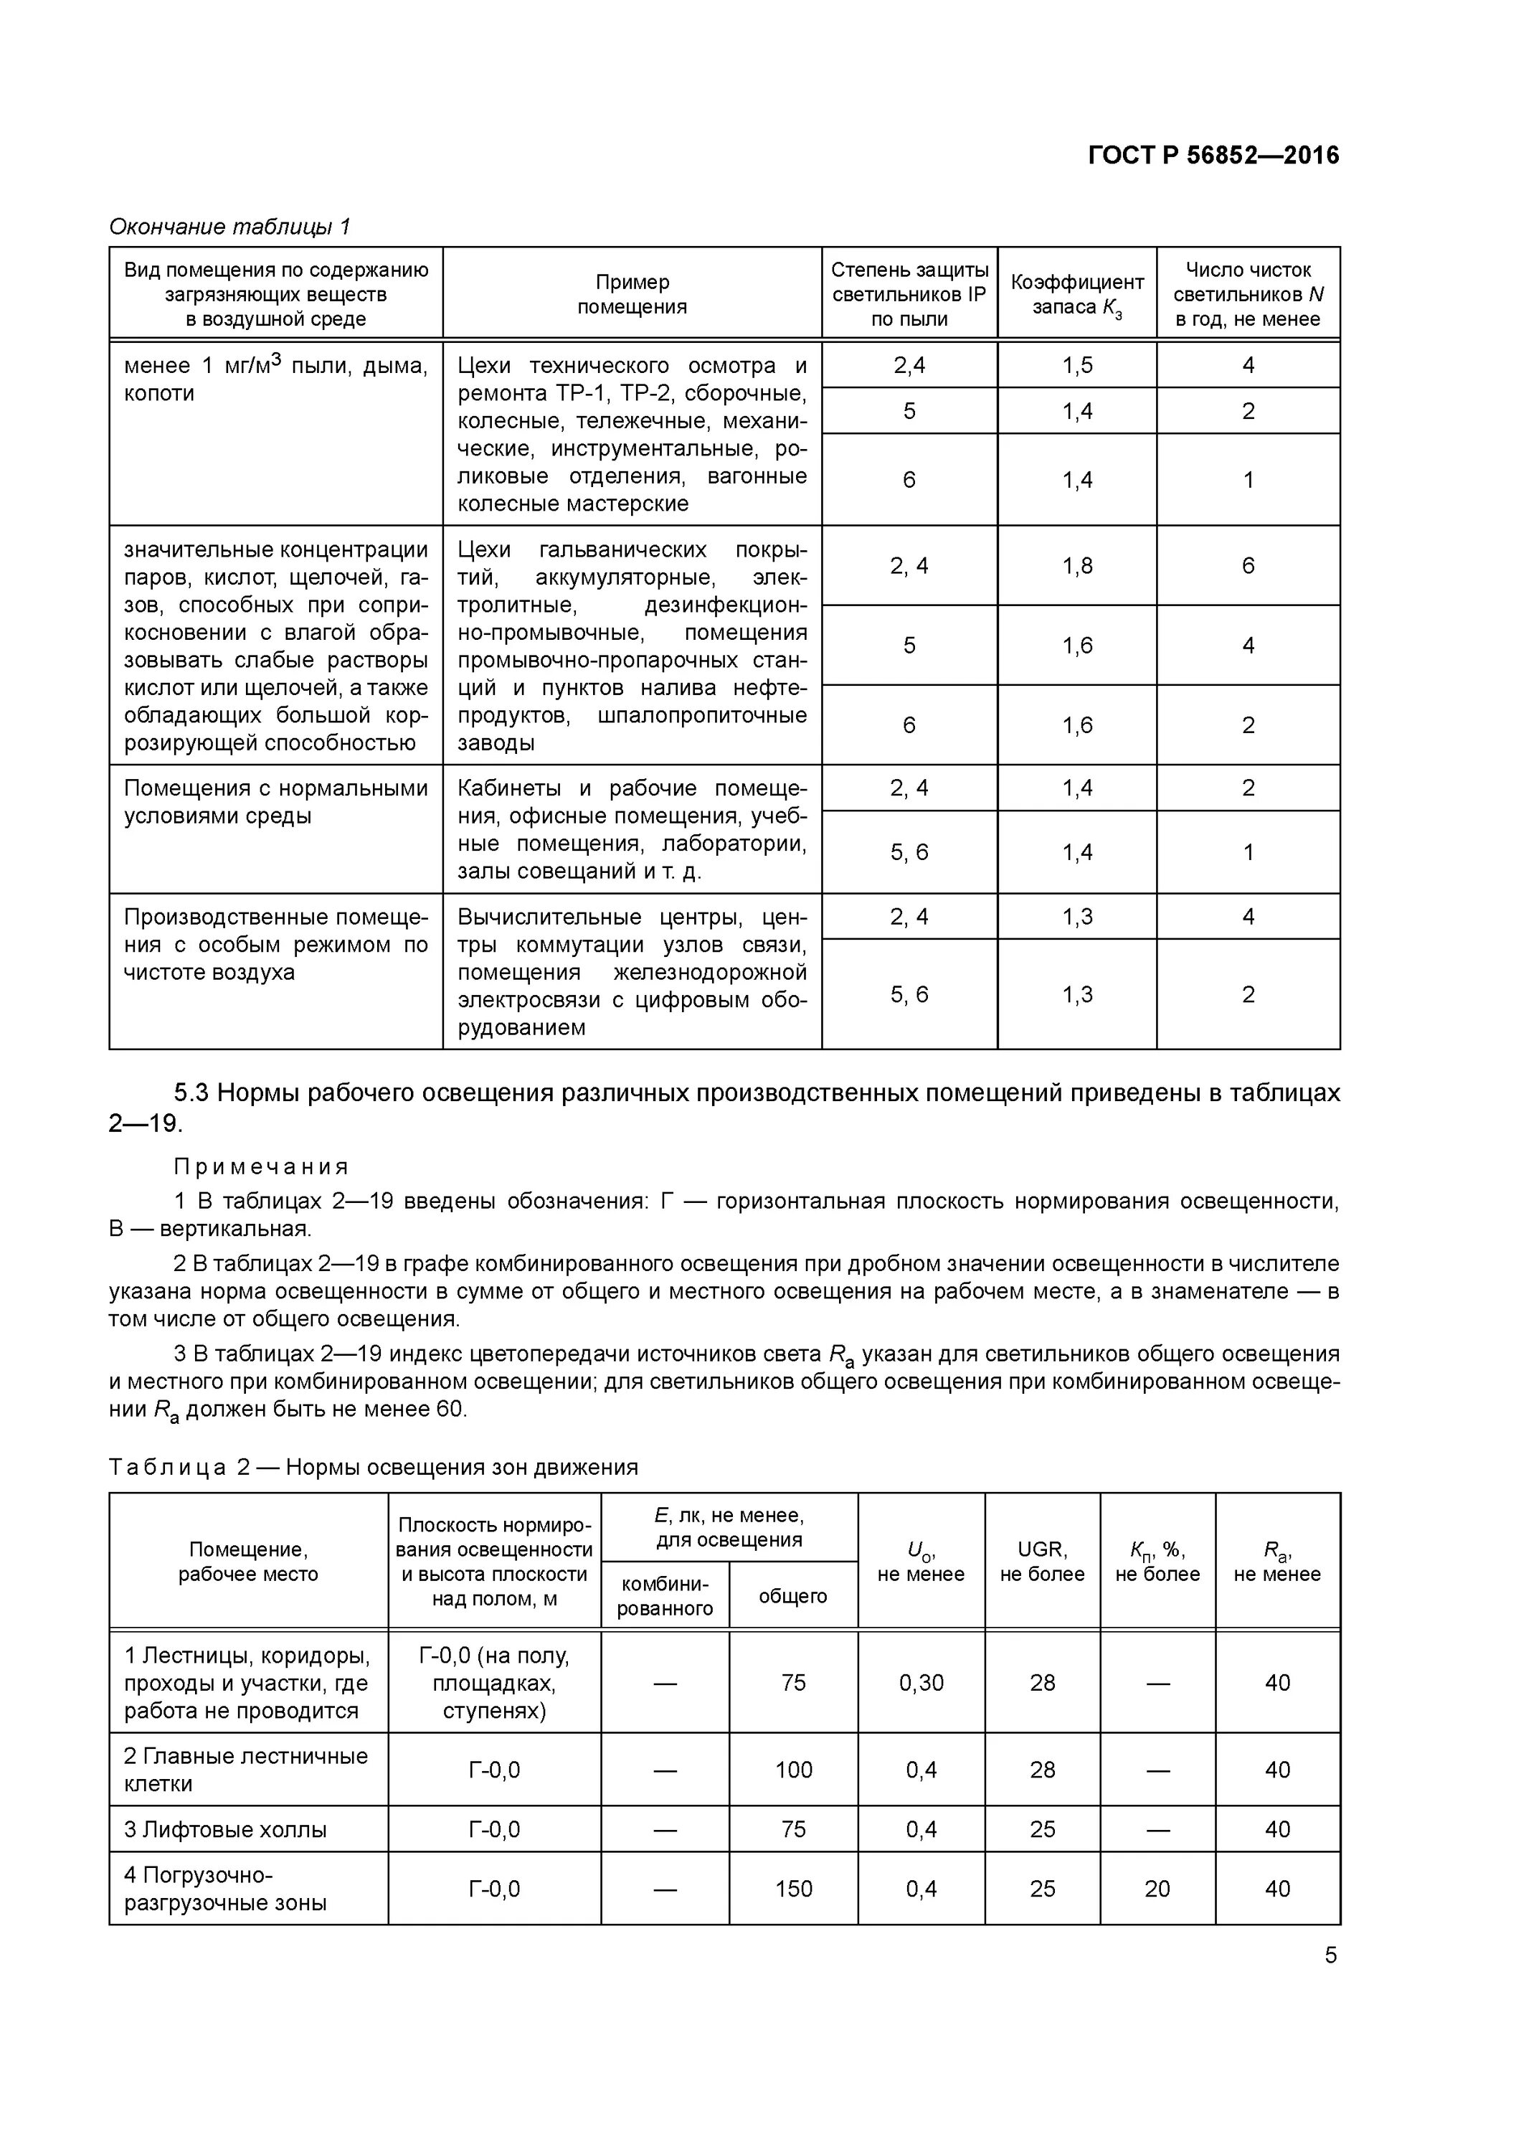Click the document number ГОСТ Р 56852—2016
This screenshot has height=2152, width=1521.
point(1213,156)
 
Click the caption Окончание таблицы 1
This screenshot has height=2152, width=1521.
point(229,227)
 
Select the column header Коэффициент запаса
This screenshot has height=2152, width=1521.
point(1077,294)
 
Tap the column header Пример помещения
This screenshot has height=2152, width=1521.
point(632,294)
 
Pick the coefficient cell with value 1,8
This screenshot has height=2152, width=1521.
point(1077,566)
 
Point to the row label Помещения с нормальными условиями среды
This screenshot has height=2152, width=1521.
point(275,802)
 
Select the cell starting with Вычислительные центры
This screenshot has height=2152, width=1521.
point(632,971)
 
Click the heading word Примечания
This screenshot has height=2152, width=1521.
point(262,1167)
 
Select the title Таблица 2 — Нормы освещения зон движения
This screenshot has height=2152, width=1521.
point(373,1468)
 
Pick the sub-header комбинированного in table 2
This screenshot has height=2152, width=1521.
point(665,1596)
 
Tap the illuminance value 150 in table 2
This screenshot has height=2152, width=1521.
point(793,1889)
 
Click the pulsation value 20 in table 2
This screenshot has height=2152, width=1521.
point(1157,1889)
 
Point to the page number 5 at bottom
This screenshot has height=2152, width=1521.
point(1330,1956)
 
